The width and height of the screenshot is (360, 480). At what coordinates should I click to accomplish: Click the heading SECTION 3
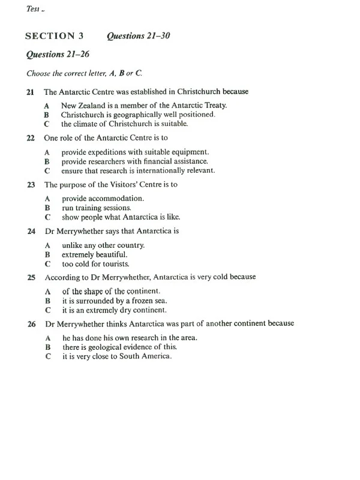54,36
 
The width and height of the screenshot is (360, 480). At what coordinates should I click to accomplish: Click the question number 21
31,92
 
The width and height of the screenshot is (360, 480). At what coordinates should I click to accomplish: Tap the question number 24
31,230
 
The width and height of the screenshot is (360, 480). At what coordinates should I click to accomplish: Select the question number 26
31,323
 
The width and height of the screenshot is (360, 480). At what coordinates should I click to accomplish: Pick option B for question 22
46,161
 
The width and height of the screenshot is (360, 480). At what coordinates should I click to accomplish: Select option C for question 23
47,217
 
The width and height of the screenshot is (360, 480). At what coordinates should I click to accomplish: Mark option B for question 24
46,254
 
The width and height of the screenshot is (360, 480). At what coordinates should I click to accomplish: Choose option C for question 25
47,310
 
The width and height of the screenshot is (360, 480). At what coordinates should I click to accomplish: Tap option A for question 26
47,338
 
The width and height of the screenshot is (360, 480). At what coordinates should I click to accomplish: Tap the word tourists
114,263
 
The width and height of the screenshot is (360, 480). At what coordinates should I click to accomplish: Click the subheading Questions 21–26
55,55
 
